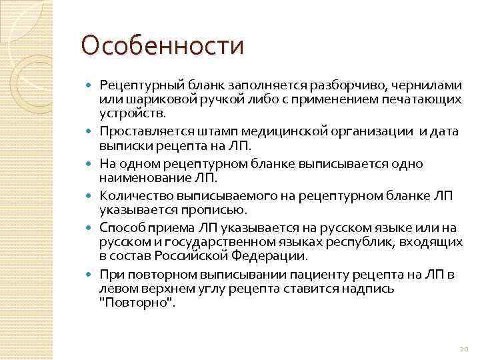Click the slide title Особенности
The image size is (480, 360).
click(162, 46)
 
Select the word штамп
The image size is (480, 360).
click(218, 132)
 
